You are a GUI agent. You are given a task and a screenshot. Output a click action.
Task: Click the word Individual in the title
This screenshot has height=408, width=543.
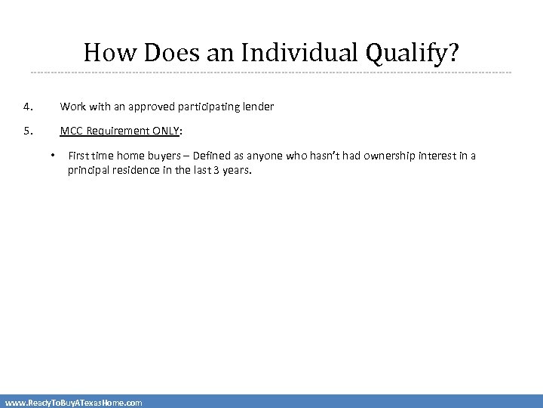coord(301,53)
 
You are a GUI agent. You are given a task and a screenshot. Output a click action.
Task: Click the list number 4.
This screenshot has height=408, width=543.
coord(27,107)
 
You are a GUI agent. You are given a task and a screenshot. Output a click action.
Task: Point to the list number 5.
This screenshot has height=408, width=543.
coord(27,131)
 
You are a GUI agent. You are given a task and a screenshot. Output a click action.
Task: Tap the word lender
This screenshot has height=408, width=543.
coord(258,107)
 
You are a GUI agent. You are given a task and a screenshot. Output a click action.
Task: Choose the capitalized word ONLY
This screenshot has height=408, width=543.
coord(165,131)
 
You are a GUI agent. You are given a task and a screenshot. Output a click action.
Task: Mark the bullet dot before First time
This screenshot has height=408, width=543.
coord(53,156)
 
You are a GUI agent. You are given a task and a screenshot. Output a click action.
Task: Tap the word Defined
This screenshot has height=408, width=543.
coord(213,156)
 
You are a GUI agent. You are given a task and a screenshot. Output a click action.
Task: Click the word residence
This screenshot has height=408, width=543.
coord(135,170)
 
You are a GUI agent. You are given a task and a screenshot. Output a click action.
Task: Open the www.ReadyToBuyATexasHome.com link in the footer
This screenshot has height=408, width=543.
coord(73,403)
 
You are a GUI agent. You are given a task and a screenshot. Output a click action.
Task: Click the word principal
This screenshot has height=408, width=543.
coord(88,170)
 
